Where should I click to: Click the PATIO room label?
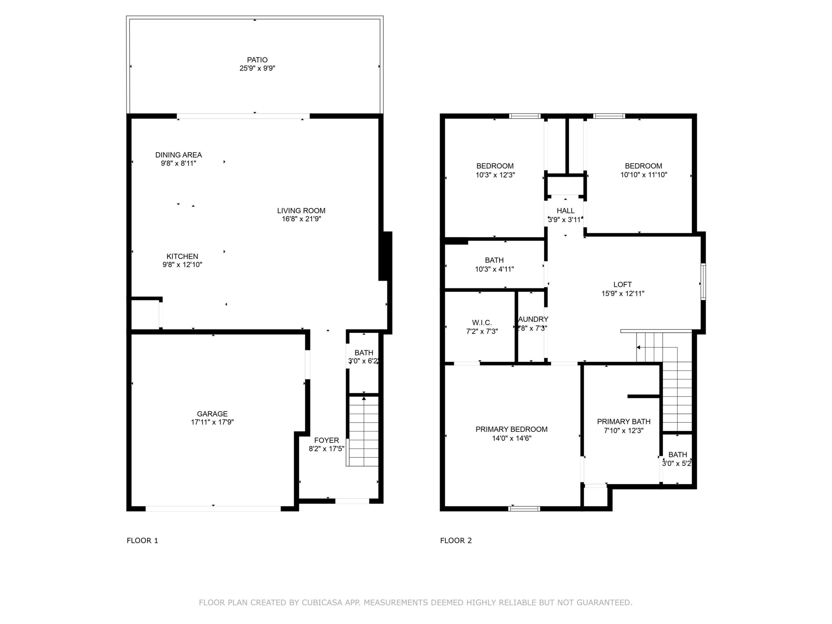tap(257, 60)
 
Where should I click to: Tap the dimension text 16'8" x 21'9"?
tap(301, 219)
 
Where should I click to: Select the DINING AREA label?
tap(178, 155)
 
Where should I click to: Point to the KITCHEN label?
tap(182, 256)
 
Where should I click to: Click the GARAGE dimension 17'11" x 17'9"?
tap(212, 422)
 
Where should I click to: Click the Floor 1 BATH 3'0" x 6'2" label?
tap(363, 353)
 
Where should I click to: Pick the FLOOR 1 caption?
tap(142, 541)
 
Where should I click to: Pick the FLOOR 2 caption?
tap(456, 541)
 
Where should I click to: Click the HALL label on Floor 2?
tap(565, 211)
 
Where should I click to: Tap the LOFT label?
tap(623, 285)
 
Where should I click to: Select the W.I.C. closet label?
tap(482, 323)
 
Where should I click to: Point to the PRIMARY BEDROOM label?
tap(511, 429)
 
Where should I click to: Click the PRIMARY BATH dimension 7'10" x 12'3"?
tap(623, 431)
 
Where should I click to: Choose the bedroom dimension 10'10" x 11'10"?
tap(644, 174)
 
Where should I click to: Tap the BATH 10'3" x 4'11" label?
tap(494, 260)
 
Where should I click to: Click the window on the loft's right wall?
tap(703, 282)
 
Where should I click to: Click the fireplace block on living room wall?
tap(385, 256)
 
